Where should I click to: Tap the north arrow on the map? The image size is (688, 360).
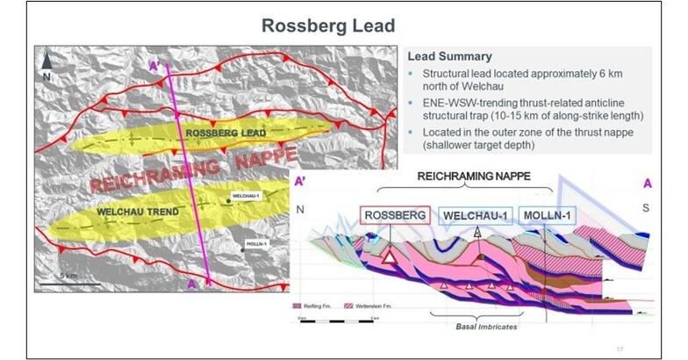[x=47, y=61]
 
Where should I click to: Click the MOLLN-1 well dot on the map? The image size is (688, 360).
[x=243, y=248]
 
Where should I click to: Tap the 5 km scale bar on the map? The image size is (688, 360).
[x=71, y=283]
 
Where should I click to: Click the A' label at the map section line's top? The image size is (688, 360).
[x=154, y=65]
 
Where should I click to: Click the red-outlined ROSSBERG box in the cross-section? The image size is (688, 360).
[x=395, y=216]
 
